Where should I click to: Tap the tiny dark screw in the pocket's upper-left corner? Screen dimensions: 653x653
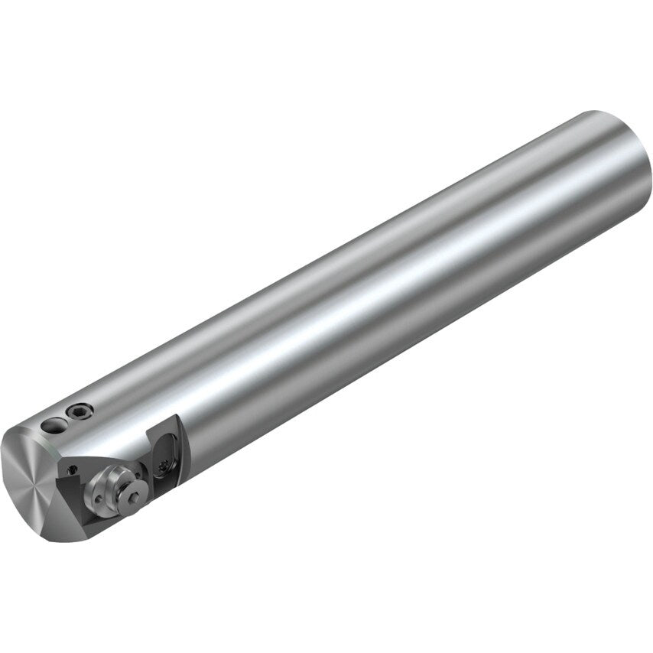(x=72, y=469)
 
